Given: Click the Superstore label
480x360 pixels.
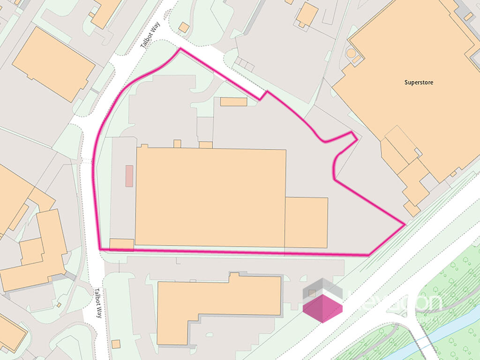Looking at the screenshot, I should pyautogui.click(x=419, y=82).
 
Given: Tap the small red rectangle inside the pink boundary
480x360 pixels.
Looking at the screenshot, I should pyautogui.click(x=129, y=176).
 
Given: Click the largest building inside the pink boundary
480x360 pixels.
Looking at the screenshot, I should pyautogui.click(x=210, y=197).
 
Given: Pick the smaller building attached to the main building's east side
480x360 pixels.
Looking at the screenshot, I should pyautogui.click(x=306, y=222).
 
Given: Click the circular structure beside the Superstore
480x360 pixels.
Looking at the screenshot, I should pyautogui.click(x=351, y=54).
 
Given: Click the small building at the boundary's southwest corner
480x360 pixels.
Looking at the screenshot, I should pyautogui.click(x=121, y=244).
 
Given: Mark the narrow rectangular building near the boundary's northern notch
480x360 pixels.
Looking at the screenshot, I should pyautogui.click(x=233, y=102).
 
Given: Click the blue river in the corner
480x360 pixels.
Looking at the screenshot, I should pyautogui.click(x=412, y=345).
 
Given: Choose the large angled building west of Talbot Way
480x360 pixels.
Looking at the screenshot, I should pyautogui.click(x=53, y=64).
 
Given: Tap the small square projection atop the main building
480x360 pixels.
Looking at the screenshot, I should pyautogui.click(x=177, y=143).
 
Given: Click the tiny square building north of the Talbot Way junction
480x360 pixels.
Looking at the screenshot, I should pyautogui.click(x=184, y=28).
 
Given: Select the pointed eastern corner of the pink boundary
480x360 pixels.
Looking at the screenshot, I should pyautogui.click(x=404, y=225).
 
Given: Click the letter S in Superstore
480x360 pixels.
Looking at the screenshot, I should pyautogui.click(x=406, y=82).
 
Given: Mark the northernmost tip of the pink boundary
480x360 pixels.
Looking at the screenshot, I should pyautogui.click(x=180, y=49).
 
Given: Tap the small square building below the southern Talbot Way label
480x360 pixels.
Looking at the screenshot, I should pyautogui.click(x=115, y=344).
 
